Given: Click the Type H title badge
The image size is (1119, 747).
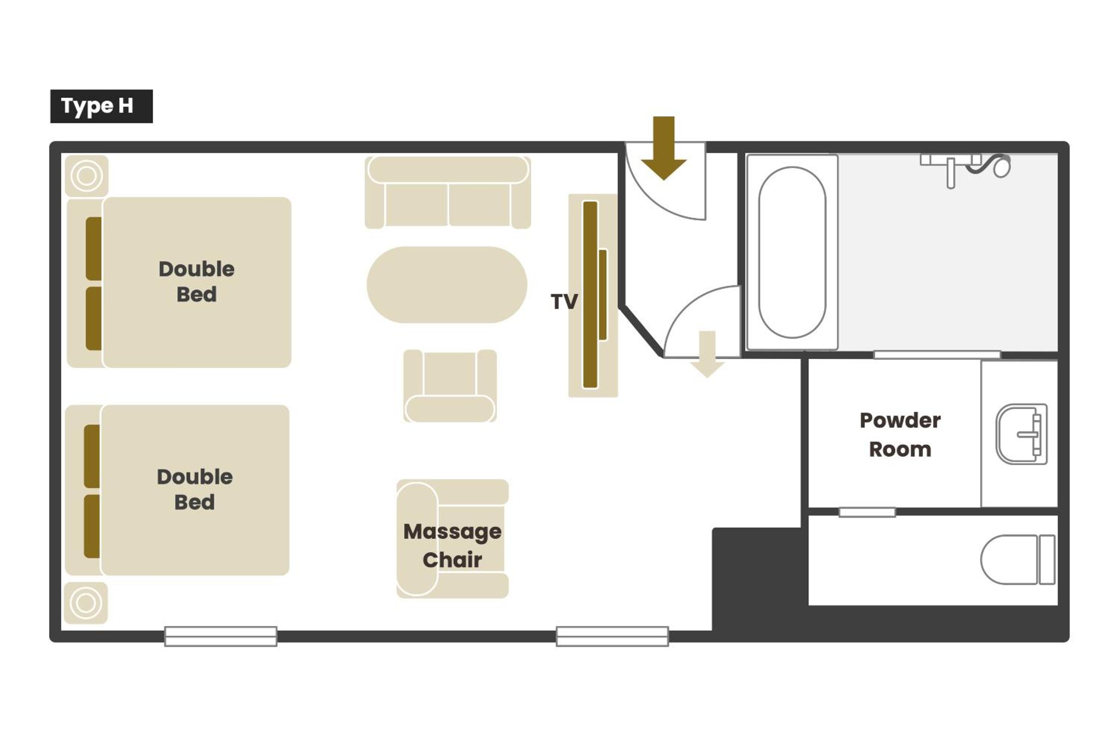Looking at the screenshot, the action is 101,106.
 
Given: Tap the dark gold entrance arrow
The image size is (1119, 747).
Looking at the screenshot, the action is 663,148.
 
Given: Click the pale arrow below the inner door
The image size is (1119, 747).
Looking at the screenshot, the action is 707,354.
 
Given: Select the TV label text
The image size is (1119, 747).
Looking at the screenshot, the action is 564,301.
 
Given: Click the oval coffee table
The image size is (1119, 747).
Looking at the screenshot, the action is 447,285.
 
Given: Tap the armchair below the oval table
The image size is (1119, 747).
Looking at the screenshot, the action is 450,386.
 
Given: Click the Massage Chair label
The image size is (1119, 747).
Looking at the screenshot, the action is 452,545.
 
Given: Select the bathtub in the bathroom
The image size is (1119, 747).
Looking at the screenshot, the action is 793,252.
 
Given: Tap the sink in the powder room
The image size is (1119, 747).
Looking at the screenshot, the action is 1021,434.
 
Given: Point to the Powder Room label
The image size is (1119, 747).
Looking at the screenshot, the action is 900,435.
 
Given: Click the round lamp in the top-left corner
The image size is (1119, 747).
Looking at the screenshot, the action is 87,176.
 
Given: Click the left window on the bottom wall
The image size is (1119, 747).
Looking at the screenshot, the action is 221,636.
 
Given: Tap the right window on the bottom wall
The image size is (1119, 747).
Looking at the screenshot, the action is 612,636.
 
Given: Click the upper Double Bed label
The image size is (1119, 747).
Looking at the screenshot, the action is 197,281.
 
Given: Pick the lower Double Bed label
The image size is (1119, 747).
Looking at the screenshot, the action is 195,489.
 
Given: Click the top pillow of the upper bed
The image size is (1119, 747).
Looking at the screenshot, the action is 94,249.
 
